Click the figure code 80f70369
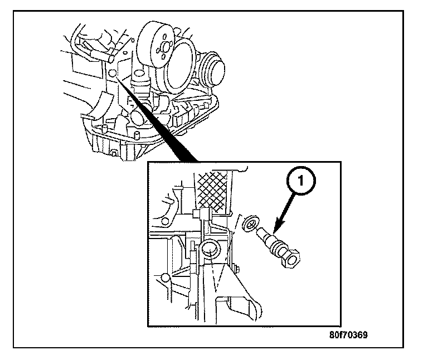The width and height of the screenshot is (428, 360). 348,336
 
